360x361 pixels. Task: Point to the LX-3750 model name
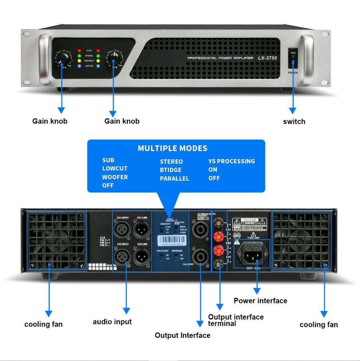click(x=267, y=58)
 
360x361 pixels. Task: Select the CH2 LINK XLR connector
click(x=141, y=255)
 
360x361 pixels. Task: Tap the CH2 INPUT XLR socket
click(x=122, y=255)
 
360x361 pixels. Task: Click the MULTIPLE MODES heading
click(x=172, y=148)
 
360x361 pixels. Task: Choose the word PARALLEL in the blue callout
click(x=174, y=179)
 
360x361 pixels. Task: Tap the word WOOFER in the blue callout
click(x=115, y=177)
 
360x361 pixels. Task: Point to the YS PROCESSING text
click(x=231, y=161)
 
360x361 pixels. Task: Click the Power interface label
click(x=260, y=301)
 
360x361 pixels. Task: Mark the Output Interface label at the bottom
click(x=182, y=335)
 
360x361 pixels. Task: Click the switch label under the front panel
click(x=294, y=122)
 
